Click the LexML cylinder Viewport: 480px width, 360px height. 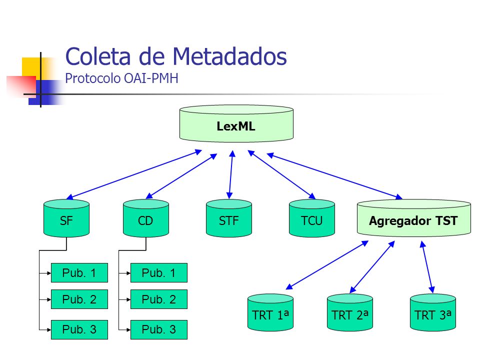point(236,123)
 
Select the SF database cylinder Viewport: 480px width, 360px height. point(66,218)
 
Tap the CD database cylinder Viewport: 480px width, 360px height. point(146,218)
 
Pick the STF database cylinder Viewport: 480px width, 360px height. point(229,218)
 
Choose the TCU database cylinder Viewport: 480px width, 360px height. point(312,218)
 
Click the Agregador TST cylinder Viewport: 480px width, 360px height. point(414,218)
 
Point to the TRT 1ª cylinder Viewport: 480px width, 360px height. point(270,312)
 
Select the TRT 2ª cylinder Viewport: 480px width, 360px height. point(350,312)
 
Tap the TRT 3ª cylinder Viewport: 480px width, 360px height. point(433,312)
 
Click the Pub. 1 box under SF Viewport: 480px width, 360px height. point(79,273)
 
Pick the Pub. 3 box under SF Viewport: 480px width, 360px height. point(79,329)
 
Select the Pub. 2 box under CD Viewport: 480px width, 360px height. point(159,299)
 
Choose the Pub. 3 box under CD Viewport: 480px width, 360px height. point(159,329)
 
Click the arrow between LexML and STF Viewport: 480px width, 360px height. point(231,174)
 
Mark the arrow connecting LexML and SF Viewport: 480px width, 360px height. point(134,174)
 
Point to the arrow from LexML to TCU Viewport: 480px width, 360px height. point(281,174)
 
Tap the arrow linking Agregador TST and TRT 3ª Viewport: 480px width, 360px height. point(427,267)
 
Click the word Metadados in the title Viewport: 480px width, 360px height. point(229,56)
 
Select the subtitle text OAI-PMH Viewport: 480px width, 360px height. point(151,78)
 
